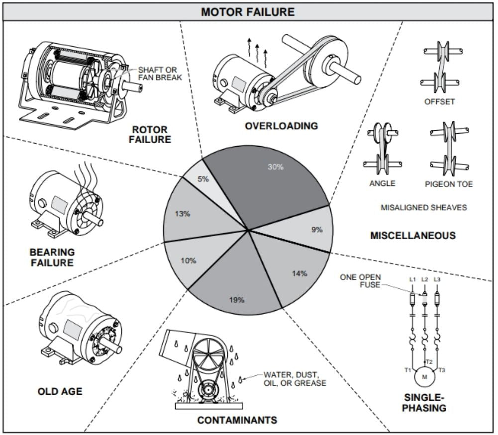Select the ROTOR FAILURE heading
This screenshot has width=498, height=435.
point(149,134)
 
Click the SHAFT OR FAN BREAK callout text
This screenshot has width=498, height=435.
point(160,74)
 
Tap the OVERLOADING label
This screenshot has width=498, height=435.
point(281,126)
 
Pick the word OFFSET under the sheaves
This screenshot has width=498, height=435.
point(439,102)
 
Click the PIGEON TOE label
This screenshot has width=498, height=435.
point(448,184)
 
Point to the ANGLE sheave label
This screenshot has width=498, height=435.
point(382,183)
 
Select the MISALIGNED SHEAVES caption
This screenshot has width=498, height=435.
point(424,207)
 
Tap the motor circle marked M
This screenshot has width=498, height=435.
point(424,377)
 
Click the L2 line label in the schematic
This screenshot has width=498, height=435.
point(424,279)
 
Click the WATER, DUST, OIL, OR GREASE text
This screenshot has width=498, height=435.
point(295,379)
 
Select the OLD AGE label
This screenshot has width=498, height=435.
point(60,392)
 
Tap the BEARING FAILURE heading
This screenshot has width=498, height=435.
point(52,257)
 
